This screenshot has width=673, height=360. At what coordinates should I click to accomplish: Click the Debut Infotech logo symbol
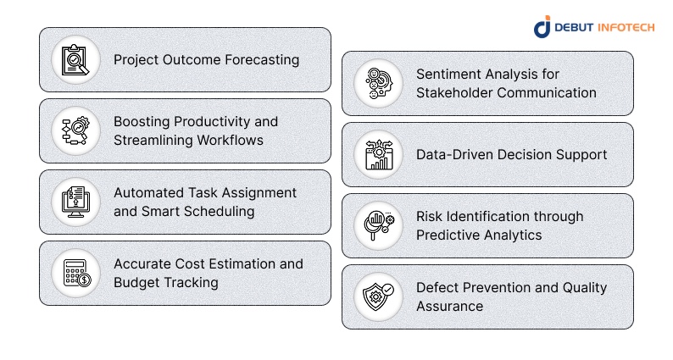click(542, 26)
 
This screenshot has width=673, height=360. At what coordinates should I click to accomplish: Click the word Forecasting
click(260, 60)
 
